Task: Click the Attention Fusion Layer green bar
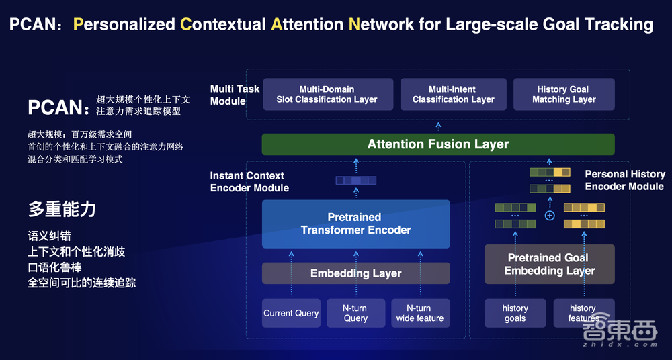pos(437,144)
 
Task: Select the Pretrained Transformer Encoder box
pos(355,224)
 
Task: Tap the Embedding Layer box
pos(355,273)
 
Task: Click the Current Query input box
pos(291,313)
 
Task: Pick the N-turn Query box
pos(355,313)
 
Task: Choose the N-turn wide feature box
pos(420,313)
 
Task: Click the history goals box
pos(515,313)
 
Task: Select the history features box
pos(583,313)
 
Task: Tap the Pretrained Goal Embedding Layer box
pos(549,264)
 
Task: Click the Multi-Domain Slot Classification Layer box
pos(327,95)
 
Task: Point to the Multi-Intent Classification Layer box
pos(453,95)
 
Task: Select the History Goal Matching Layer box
pos(564,95)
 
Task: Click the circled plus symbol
pos(549,216)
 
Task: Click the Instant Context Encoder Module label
pos(249,181)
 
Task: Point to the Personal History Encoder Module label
pos(624,180)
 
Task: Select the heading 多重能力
pos(62,209)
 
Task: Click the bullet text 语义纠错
pos(49,236)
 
